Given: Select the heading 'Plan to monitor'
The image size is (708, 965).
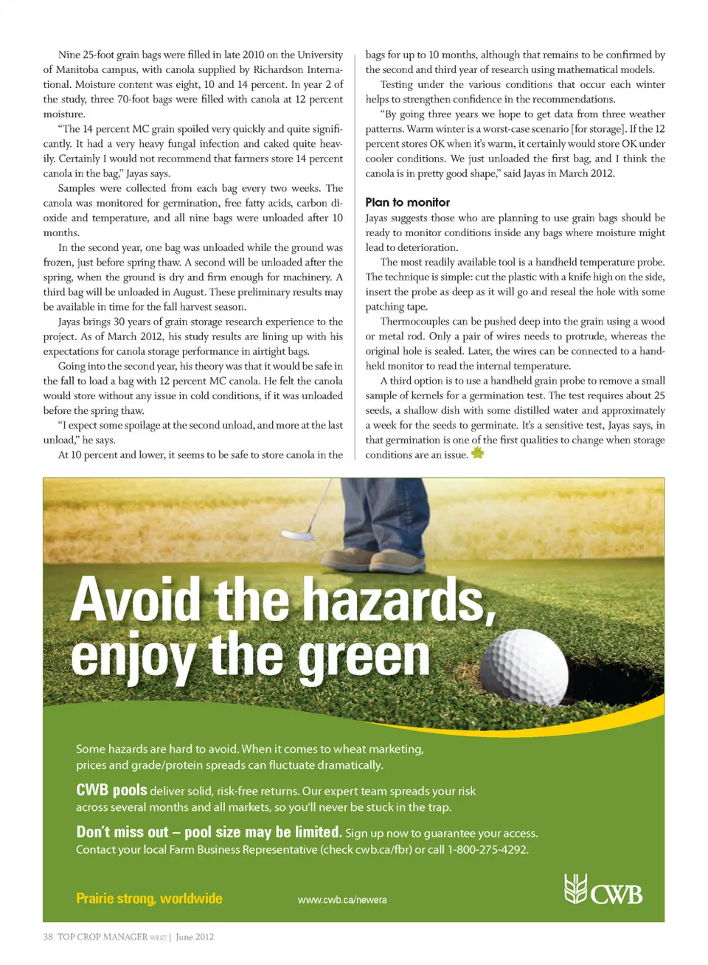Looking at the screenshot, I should coord(407,202).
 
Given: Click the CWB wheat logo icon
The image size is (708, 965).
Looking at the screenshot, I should coord(575,888).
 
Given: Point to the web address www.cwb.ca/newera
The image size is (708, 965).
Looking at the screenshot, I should coord(342,899).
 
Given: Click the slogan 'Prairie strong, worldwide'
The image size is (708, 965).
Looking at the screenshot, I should coord(149,898).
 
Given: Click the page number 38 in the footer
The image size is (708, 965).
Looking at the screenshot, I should coord(48,937).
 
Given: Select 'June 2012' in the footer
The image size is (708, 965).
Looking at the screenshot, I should coord(195,937).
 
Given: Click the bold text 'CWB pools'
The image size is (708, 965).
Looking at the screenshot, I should coord(111,790).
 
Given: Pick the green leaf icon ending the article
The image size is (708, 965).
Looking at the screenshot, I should coord(477,453).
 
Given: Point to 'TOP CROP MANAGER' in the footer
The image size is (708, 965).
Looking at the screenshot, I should coord(103,937).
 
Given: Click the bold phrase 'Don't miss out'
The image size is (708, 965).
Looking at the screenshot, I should coord(122,832).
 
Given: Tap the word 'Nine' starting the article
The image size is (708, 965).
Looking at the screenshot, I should coord(69,55).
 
